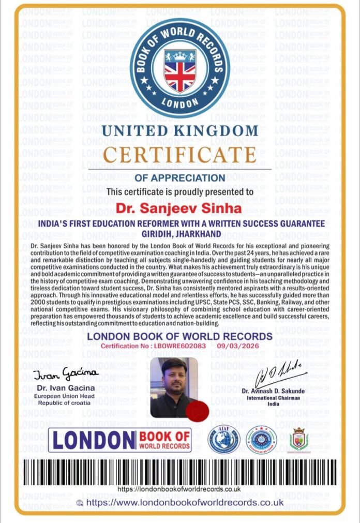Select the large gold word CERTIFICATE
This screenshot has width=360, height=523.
(x=179, y=154)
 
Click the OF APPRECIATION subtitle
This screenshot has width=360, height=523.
(x=179, y=178)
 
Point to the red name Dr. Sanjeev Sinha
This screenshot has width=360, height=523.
(x=179, y=208)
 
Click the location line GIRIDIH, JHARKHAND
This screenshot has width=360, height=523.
(x=179, y=233)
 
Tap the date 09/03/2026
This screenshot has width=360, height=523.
(x=243, y=345)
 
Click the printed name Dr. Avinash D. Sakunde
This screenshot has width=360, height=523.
(x=273, y=391)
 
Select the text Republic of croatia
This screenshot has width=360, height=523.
(x=60, y=402)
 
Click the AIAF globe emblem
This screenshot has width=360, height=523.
(x=223, y=439)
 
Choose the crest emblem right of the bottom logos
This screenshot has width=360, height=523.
(x=298, y=439)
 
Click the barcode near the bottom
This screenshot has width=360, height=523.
(x=179, y=472)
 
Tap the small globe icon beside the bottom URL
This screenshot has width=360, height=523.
(x=79, y=502)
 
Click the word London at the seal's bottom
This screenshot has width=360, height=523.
(x=179, y=101)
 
